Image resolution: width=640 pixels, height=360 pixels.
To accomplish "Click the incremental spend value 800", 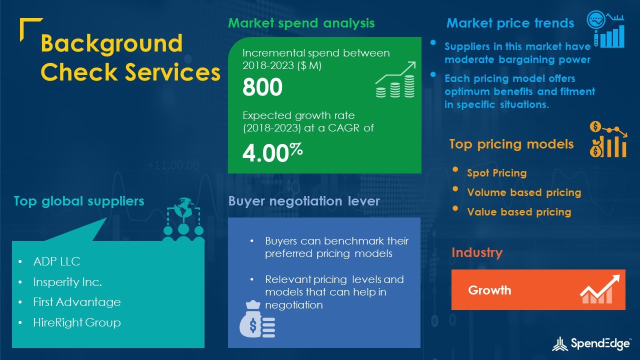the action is point(262,87).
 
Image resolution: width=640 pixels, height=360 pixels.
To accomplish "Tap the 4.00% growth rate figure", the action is point(272,152).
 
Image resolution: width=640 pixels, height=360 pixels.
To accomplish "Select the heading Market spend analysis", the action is point(301,23).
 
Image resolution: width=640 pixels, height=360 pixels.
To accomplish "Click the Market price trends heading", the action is point(510,23).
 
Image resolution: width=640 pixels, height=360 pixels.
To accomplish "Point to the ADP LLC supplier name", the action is point(56,261).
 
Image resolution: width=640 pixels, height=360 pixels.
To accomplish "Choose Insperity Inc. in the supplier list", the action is point(67,282).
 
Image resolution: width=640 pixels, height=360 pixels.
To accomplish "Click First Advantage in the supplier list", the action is point(77,302).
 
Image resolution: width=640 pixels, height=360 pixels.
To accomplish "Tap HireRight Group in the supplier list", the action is point(77,322).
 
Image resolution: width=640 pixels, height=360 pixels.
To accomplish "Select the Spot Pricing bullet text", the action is point(497,173).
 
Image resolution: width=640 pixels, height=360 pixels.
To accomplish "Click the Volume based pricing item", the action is point(524,192).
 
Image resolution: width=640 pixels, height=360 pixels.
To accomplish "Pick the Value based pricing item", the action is point(519,211).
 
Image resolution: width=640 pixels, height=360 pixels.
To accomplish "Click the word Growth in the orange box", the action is point(489,290).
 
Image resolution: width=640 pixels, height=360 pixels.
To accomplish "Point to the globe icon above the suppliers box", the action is point(183,208).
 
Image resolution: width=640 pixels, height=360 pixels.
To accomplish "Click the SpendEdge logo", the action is point(591,343).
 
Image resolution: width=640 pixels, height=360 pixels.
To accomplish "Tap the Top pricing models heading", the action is point(511,144).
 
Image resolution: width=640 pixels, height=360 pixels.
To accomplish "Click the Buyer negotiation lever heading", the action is point(304,201).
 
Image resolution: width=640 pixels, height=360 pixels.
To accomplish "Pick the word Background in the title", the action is point(111,43).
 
